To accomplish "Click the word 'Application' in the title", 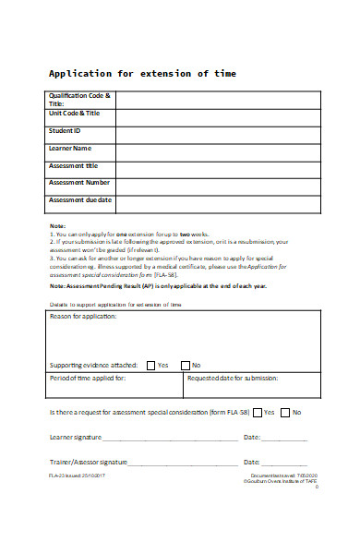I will (x=80, y=73).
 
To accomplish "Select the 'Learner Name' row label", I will (x=70, y=148).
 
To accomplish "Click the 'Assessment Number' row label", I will (x=78, y=182).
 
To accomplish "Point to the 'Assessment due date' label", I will (x=80, y=199).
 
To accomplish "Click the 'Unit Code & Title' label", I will (x=74, y=113).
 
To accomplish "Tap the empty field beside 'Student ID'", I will (x=222, y=131).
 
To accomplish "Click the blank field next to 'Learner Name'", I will (x=222, y=149).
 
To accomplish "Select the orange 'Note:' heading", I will (x=57, y=226).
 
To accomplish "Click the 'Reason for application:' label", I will (x=83, y=317).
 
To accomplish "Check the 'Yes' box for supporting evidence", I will (x=151, y=339).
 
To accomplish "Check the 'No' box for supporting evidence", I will (x=185, y=339).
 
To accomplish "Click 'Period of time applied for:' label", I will (x=88, y=353).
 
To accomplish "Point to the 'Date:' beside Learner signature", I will (x=251, y=437).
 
